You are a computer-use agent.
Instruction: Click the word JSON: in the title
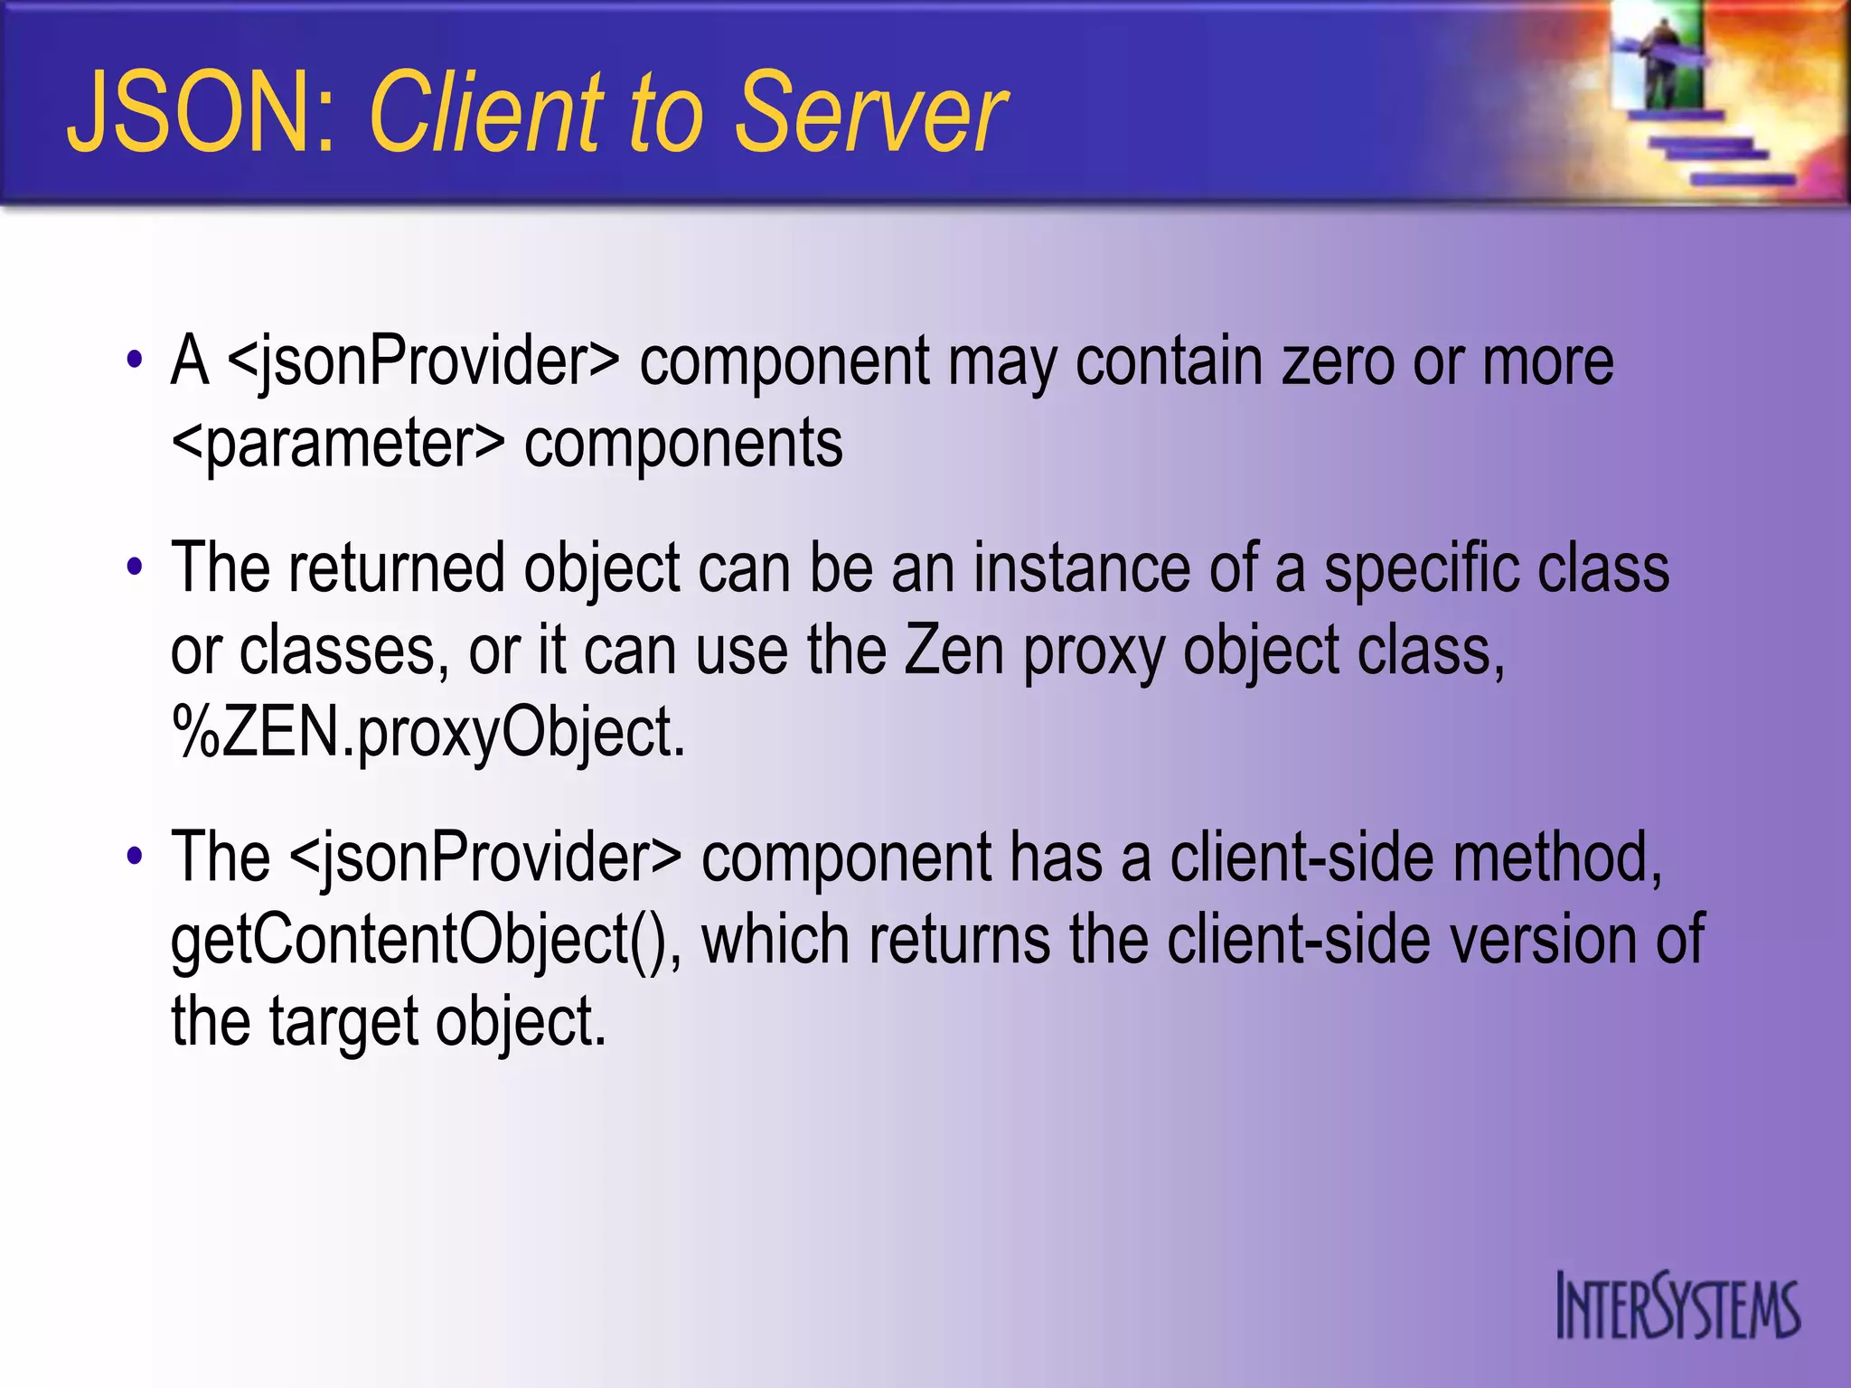pyautogui.click(x=202, y=114)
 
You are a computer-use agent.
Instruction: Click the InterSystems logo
pyautogui.click(x=1677, y=1307)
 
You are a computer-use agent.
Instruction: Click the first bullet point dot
pyautogui.click(x=135, y=361)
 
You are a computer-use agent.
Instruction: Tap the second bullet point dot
pyautogui.click(x=135, y=567)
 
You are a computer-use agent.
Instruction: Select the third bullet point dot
pyautogui.click(x=135, y=856)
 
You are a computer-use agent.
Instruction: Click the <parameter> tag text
pyautogui.click(x=338, y=444)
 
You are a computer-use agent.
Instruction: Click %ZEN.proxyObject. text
pyautogui.click(x=428, y=732)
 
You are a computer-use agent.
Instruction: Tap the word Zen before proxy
pyautogui.click(x=954, y=650)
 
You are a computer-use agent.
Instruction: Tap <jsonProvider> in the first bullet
pyautogui.click(x=424, y=361)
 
